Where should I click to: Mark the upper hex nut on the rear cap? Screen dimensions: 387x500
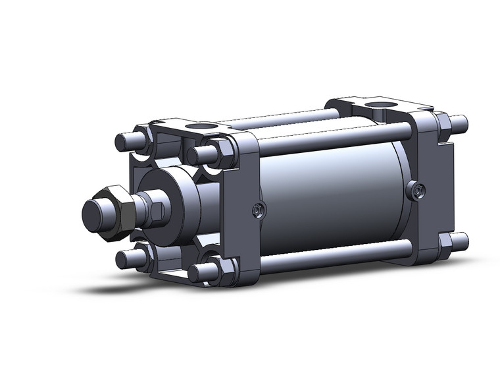tap(443, 123)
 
